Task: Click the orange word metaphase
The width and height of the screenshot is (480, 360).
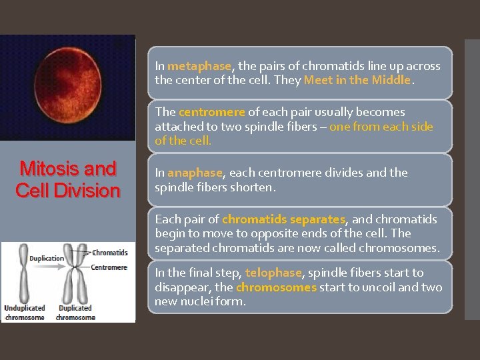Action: (199, 66)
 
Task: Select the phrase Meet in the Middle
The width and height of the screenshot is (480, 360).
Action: (359, 80)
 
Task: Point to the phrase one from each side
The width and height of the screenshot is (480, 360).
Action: (381, 127)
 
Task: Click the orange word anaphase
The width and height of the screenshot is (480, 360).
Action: (195, 173)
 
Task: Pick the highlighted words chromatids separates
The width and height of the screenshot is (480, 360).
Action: (284, 219)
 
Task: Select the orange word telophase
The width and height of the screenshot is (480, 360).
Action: (273, 273)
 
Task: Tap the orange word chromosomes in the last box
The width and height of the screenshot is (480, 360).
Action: (276, 287)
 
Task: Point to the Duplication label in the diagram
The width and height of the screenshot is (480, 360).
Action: (47, 258)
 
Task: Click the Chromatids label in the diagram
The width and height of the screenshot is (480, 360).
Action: (110, 253)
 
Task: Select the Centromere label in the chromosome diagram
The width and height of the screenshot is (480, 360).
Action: (109, 267)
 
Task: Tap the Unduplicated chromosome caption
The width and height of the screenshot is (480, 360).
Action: (25, 312)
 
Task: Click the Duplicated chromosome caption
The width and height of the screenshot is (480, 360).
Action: (75, 312)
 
